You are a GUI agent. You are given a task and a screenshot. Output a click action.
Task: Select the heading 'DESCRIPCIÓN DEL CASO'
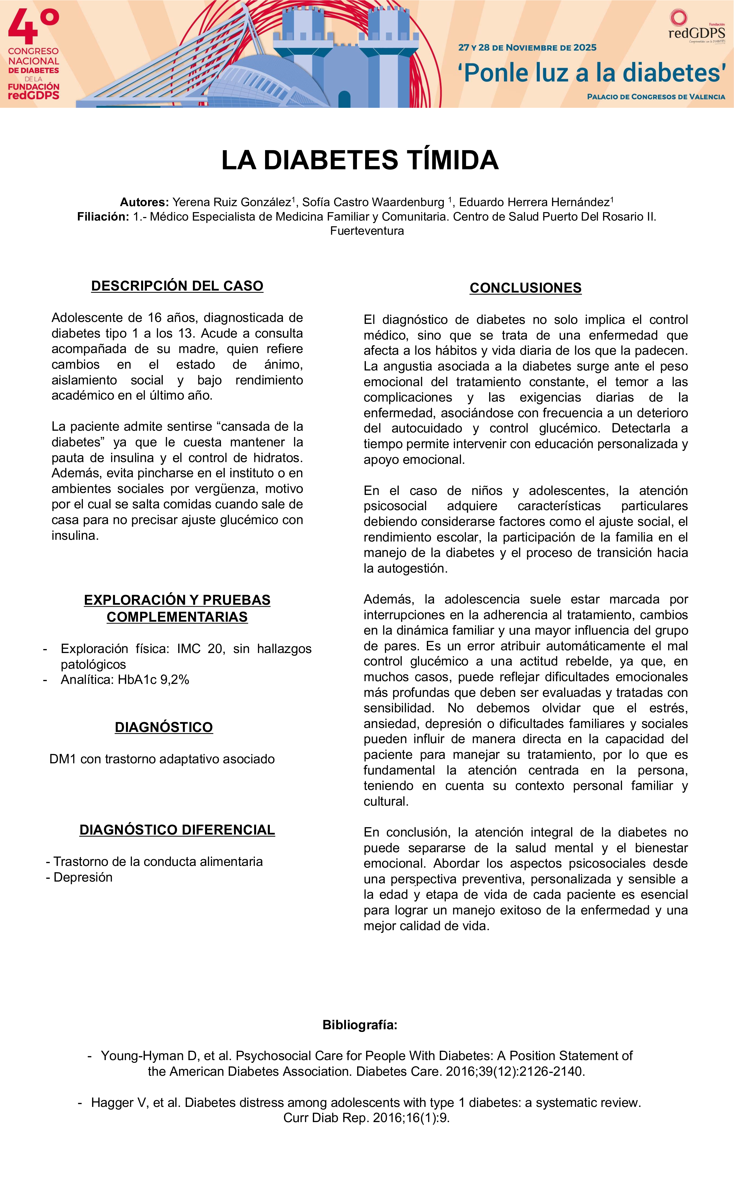tap(177, 286)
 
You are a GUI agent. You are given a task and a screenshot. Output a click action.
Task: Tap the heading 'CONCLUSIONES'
tap(525, 288)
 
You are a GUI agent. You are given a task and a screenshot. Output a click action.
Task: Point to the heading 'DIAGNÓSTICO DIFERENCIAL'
tap(177, 830)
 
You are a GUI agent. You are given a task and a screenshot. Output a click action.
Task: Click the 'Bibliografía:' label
tap(360, 1025)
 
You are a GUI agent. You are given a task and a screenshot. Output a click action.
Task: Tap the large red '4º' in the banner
tap(33, 27)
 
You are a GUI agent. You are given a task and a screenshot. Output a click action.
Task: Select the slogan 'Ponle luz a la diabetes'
tap(591, 73)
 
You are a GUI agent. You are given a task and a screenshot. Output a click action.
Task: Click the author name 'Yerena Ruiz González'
tap(232, 202)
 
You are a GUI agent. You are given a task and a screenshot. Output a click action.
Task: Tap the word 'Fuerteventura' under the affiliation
tap(367, 231)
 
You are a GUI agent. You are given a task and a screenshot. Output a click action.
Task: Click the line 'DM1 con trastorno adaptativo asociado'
tap(162, 759)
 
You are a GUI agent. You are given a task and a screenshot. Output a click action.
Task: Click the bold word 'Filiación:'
tap(103, 217)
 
